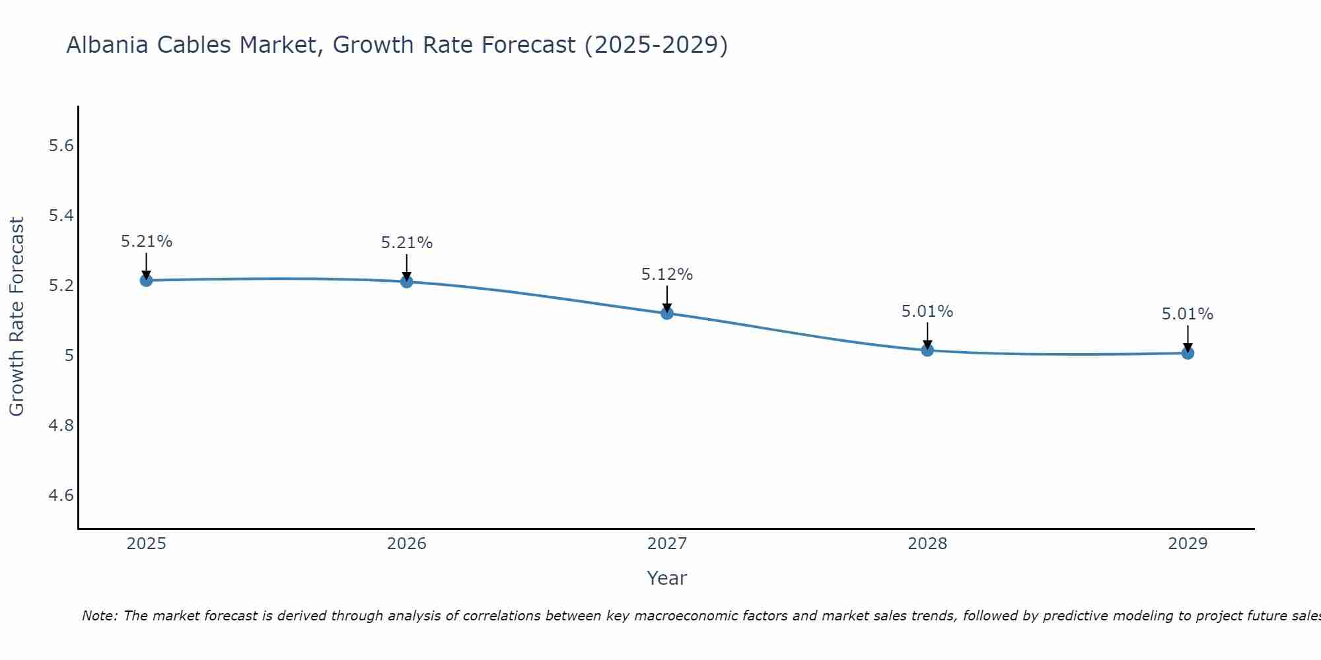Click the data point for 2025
pyautogui.click(x=146, y=280)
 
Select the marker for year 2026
pyautogui.click(x=407, y=282)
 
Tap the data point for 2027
pyautogui.click(x=667, y=313)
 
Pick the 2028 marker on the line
pyautogui.click(x=927, y=350)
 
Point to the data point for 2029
pyautogui.click(x=1188, y=353)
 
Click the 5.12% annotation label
pyautogui.click(x=667, y=275)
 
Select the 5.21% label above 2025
pyautogui.click(x=147, y=242)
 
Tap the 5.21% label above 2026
pyautogui.click(x=407, y=243)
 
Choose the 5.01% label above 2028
pyautogui.click(x=927, y=312)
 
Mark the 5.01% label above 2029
pyautogui.click(x=1188, y=314)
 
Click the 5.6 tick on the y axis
pyautogui.click(x=61, y=146)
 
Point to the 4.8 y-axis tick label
pyautogui.click(x=61, y=426)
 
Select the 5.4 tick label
pyautogui.click(x=61, y=216)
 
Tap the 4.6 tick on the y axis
pyautogui.click(x=61, y=496)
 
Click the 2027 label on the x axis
pyautogui.click(x=667, y=544)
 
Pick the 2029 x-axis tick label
pyautogui.click(x=1188, y=544)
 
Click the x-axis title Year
pyautogui.click(x=667, y=578)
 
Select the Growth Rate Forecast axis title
pyautogui.click(x=17, y=317)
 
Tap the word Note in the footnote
pyautogui.click(x=99, y=616)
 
